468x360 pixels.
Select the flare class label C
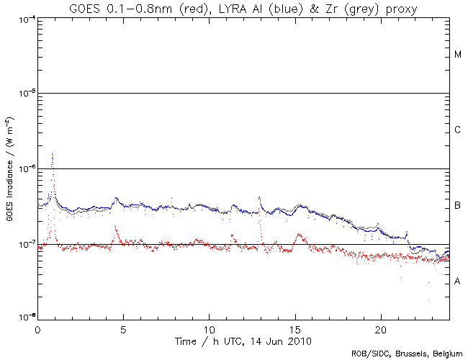coord(457,130)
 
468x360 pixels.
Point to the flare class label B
coord(457,207)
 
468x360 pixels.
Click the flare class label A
coord(457,281)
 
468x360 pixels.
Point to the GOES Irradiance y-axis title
coord(9,168)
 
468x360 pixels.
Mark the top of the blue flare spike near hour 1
coord(53,153)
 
